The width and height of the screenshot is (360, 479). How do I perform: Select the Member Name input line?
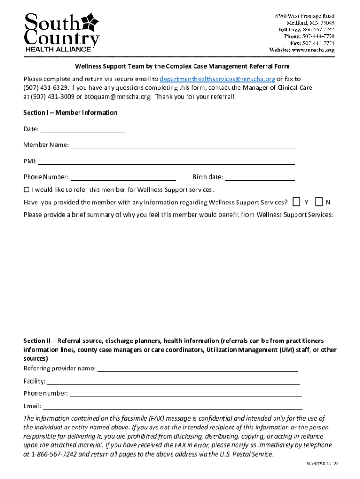[183, 145]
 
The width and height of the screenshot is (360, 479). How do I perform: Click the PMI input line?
[166, 161]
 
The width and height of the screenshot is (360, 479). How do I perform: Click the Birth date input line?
[260, 177]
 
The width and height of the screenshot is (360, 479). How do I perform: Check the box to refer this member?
[26, 190]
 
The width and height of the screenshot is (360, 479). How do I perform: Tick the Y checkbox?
[296, 202]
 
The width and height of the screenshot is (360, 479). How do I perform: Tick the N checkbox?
[319, 202]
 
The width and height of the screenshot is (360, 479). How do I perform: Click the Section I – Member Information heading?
[71, 113]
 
